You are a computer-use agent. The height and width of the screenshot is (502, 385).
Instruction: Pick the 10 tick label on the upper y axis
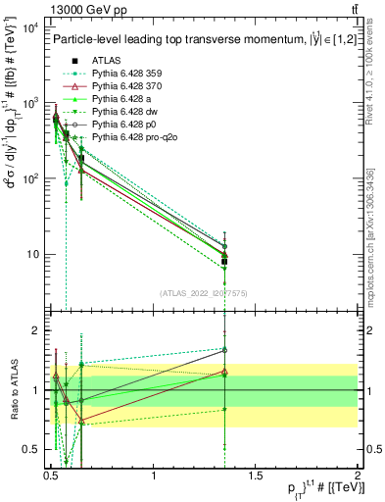point(32,255)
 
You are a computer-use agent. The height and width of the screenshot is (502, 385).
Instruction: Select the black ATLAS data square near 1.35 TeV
point(225,262)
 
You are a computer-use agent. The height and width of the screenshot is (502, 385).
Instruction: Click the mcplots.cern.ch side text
point(376,245)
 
